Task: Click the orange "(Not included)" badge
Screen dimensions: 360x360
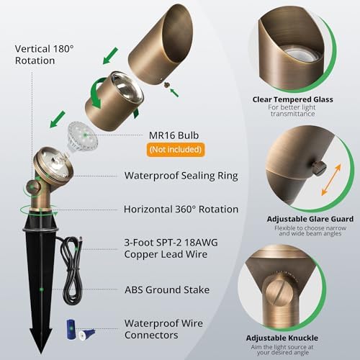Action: coord(176,150)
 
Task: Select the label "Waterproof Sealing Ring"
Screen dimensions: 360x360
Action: coord(181,176)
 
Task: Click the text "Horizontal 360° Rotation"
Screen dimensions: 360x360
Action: coord(181,210)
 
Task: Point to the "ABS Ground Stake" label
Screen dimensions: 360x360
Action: coord(167,289)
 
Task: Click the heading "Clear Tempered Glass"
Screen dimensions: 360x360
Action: coord(292,99)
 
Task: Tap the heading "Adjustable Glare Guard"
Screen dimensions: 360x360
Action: coord(310,219)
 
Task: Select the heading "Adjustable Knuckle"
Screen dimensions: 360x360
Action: coord(282,338)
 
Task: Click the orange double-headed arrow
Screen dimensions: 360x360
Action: coord(331,179)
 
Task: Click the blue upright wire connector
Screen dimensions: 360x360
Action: coord(70,330)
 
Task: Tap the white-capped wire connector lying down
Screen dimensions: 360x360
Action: coord(86,334)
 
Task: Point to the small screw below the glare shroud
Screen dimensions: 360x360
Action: coord(166,84)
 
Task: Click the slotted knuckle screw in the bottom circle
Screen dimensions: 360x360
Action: coord(279,292)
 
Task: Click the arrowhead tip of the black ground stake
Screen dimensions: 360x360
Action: coord(41,353)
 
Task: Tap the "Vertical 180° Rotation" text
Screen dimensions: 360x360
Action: coord(44,55)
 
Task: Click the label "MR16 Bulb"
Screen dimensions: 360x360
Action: coord(174,135)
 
